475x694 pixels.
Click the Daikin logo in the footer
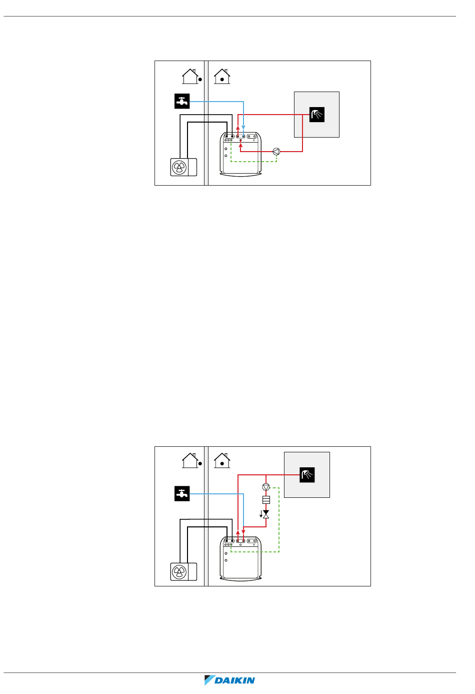pyautogui.click(x=230, y=680)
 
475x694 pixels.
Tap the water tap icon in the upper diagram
pyautogui.click(x=182, y=101)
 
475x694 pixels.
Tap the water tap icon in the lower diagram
pyautogui.click(x=182, y=494)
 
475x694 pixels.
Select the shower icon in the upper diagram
pyautogui.click(x=316, y=115)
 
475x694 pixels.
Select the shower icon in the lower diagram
pyautogui.click(x=307, y=475)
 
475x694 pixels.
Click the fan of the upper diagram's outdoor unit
pyautogui.click(x=179, y=167)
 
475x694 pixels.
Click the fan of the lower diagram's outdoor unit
pyautogui.click(x=179, y=572)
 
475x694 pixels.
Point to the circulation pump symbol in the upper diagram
pyautogui.click(x=276, y=152)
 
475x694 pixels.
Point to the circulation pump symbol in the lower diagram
pyautogui.click(x=266, y=487)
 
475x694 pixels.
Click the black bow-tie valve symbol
pyautogui.click(x=266, y=514)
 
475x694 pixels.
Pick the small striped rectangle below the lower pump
pyautogui.click(x=266, y=500)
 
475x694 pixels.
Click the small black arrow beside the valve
pyautogui.click(x=261, y=514)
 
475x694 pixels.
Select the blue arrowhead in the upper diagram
pyautogui.click(x=243, y=129)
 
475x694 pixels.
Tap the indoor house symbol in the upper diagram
pyautogui.click(x=222, y=77)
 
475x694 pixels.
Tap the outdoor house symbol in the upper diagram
pyautogui.click(x=190, y=77)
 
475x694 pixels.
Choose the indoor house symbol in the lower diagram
pyautogui.click(x=222, y=460)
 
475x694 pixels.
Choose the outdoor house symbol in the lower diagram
pyautogui.click(x=190, y=460)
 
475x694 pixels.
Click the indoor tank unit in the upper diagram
pyautogui.click(x=241, y=155)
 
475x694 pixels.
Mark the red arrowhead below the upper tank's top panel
pyautogui.click(x=240, y=146)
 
